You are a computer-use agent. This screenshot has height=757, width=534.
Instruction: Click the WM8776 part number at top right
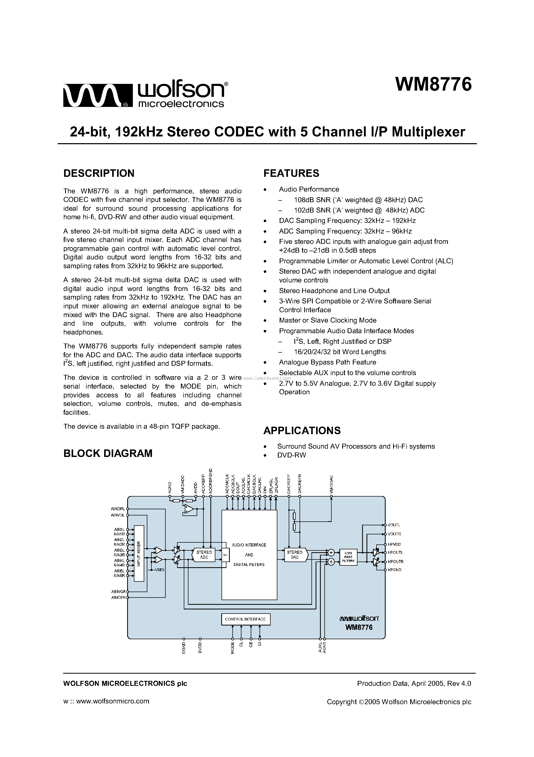433,85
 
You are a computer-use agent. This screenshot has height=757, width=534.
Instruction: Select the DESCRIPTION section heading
99,173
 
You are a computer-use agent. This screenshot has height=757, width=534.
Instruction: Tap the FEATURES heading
291,173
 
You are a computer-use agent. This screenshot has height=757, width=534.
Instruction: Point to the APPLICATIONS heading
302,431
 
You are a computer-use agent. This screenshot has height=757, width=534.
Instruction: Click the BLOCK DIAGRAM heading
108,453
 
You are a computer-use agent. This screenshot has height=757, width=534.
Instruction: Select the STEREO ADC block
204,555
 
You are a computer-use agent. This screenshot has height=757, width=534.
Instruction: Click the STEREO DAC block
295,555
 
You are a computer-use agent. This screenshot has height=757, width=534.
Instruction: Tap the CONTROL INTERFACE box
245,619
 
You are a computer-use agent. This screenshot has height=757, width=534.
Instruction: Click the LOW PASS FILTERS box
348,557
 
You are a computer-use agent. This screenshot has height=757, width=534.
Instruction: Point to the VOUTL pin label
394,525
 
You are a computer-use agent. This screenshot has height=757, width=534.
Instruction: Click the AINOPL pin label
118,509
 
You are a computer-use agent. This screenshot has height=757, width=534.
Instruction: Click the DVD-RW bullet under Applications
292,455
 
